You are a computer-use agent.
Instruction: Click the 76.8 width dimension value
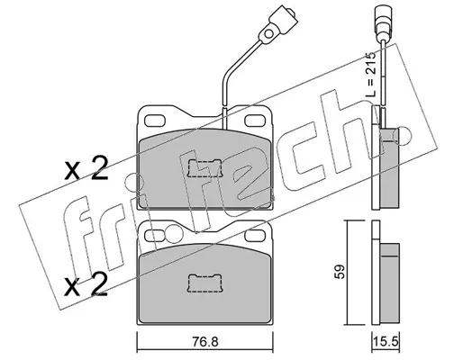pos(206,342)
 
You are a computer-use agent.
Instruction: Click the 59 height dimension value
pos(340,272)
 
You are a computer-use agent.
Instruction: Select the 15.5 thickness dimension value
pos(386,342)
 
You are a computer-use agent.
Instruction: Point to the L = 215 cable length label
pos(370,74)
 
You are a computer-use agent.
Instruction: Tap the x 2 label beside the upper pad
pos(86,169)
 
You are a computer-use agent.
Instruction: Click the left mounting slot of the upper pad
pos(155,121)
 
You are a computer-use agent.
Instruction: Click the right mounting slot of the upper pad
pos(255,121)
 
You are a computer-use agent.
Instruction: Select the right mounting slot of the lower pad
pos(255,236)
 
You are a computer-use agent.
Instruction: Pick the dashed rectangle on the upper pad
pos(204,168)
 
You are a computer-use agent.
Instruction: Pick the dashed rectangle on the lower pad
pos(204,283)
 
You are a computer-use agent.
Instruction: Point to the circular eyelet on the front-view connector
pos(268,33)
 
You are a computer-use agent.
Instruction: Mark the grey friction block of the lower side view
pos(389,283)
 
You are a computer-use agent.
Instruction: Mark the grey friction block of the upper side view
pos(389,168)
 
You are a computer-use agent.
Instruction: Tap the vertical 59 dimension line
pos(348,273)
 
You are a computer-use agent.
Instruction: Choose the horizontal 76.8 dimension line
pos(204,350)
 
